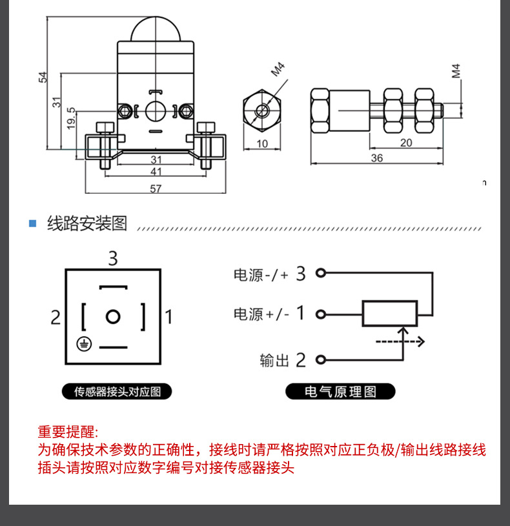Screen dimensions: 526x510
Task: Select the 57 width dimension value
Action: [x=156, y=188]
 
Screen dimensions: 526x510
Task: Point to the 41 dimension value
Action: [x=156, y=172]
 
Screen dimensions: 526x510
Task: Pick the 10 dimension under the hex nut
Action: [x=262, y=144]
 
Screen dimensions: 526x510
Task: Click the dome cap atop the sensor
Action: [x=155, y=29]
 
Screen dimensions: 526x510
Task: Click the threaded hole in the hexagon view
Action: [x=262, y=110]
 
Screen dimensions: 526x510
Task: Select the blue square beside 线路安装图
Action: [x=32, y=224]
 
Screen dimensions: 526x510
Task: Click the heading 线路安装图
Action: [x=87, y=224]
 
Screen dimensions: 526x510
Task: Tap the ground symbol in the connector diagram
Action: [x=83, y=344]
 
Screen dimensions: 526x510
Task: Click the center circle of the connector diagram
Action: [x=113, y=316]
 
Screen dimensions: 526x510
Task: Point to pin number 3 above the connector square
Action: [x=113, y=259]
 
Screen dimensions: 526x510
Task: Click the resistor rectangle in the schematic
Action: [x=390, y=314]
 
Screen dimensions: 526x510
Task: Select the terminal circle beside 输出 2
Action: [x=320, y=359]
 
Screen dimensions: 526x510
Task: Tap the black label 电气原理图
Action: [x=340, y=391]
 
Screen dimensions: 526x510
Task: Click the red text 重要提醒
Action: [x=68, y=432]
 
